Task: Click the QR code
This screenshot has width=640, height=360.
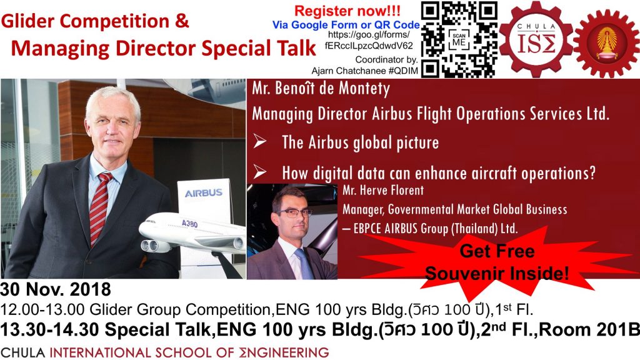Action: tap(459, 39)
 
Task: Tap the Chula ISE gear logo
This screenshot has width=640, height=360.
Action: tap(536, 39)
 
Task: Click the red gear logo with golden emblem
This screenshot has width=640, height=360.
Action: tap(606, 43)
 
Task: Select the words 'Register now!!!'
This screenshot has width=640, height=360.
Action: tap(347, 11)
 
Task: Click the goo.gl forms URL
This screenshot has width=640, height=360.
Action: tap(369, 41)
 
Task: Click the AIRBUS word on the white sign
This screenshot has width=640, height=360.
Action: tap(204, 192)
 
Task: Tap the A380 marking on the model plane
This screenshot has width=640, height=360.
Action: tap(190, 224)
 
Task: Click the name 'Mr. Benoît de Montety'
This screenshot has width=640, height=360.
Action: tap(321, 89)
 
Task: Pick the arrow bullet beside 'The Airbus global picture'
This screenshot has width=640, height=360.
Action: tap(259, 141)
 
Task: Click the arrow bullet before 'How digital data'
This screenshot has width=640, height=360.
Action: tap(259, 172)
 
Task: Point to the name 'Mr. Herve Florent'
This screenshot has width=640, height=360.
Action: tap(383, 191)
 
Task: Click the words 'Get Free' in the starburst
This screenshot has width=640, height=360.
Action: tap(497, 251)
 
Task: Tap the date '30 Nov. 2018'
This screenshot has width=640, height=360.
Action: tap(56, 289)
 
